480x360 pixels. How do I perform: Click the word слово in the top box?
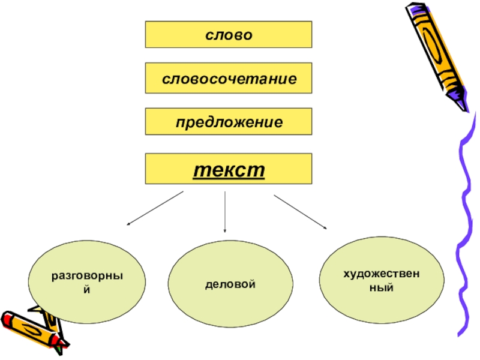tap(228, 34)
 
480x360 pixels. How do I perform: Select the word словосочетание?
tap(228, 79)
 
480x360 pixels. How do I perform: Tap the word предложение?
tap(229, 122)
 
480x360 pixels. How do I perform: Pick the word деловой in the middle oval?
tap(230, 282)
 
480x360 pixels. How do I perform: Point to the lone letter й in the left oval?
tap(87, 289)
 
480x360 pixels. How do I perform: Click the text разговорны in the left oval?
tap(87, 277)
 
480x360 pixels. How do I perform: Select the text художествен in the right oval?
tap(381, 274)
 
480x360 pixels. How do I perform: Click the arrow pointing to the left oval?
tap(154, 209)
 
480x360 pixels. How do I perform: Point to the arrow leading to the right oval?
tap(300, 212)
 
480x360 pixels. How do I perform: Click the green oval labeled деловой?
tap(230, 300)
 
